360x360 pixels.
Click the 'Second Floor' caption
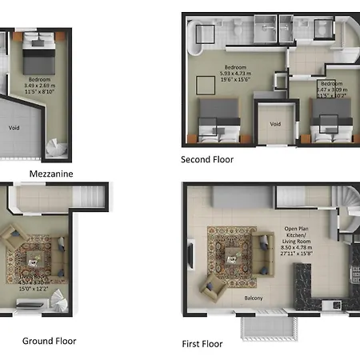point(207,159)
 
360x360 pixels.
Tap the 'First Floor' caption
point(202,344)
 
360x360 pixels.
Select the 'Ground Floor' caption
point(49,341)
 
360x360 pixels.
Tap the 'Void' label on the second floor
point(275,124)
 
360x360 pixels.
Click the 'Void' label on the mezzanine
point(13,126)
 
